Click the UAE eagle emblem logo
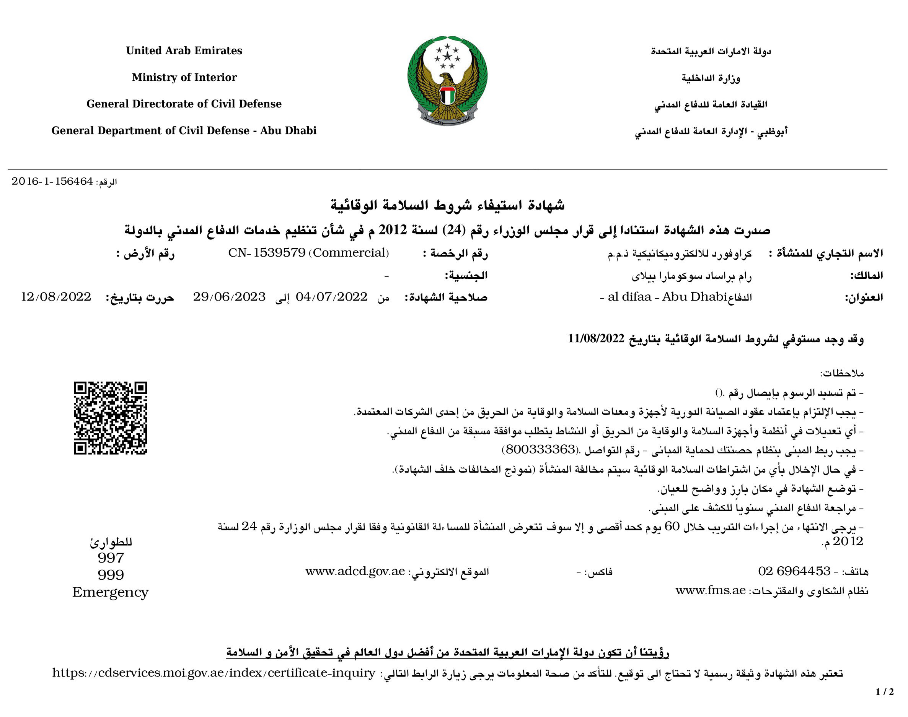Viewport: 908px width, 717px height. (x=447, y=81)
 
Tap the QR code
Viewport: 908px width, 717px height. (x=111, y=418)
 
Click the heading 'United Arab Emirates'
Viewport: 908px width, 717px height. (x=184, y=51)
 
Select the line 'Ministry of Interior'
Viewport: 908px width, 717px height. (x=184, y=77)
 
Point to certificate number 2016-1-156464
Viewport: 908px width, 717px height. (x=52, y=181)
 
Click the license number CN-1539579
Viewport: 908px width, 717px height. (x=267, y=253)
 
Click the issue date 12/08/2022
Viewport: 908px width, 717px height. (x=56, y=297)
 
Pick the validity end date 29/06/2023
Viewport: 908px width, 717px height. (x=229, y=297)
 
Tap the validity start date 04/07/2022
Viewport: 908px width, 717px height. (x=332, y=297)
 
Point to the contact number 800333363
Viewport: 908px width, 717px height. (x=540, y=450)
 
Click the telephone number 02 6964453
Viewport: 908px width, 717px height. (x=794, y=571)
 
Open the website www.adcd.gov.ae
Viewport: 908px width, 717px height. (x=355, y=571)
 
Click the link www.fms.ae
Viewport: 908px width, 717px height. (x=710, y=591)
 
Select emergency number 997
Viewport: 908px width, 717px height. (x=111, y=558)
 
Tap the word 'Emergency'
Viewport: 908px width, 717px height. (x=111, y=592)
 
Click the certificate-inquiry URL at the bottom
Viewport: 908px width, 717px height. (x=214, y=673)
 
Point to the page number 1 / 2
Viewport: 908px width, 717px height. (x=885, y=692)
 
